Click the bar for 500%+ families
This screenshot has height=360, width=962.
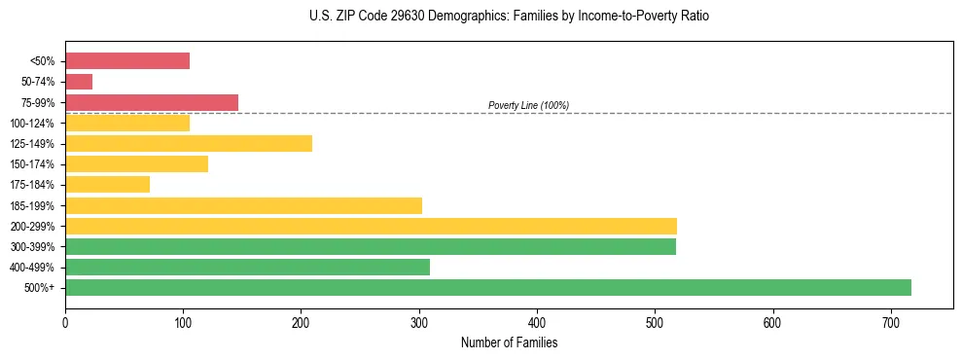pyautogui.click(x=487, y=287)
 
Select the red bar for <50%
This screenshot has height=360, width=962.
pyautogui.click(x=127, y=61)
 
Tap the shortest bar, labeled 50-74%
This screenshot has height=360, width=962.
pyautogui.click(x=79, y=82)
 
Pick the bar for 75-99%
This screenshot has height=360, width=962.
pyautogui.click(x=152, y=102)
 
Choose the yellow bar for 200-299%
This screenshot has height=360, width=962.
pyautogui.click(x=371, y=226)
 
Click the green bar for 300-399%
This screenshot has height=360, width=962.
pyautogui.click(x=371, y=246)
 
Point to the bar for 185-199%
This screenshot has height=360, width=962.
pyautogui.click(x=243, y=205)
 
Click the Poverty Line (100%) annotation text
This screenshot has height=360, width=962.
pyautogui.click(x=528, y=105)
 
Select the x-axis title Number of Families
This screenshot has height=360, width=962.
pyautogui.click(x=509, y=343)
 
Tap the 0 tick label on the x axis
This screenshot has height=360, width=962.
pyautogui.click(x=65, y=322)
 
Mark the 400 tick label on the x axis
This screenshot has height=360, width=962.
pyautogui.click(x=537, y=322)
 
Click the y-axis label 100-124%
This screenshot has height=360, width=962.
pyautogui.click(x=32, y=124)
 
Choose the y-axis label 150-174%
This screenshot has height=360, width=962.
pyautogui.click(x=32, y=164)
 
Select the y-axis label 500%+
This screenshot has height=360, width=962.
pyautogui.click(x=40, y=288)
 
